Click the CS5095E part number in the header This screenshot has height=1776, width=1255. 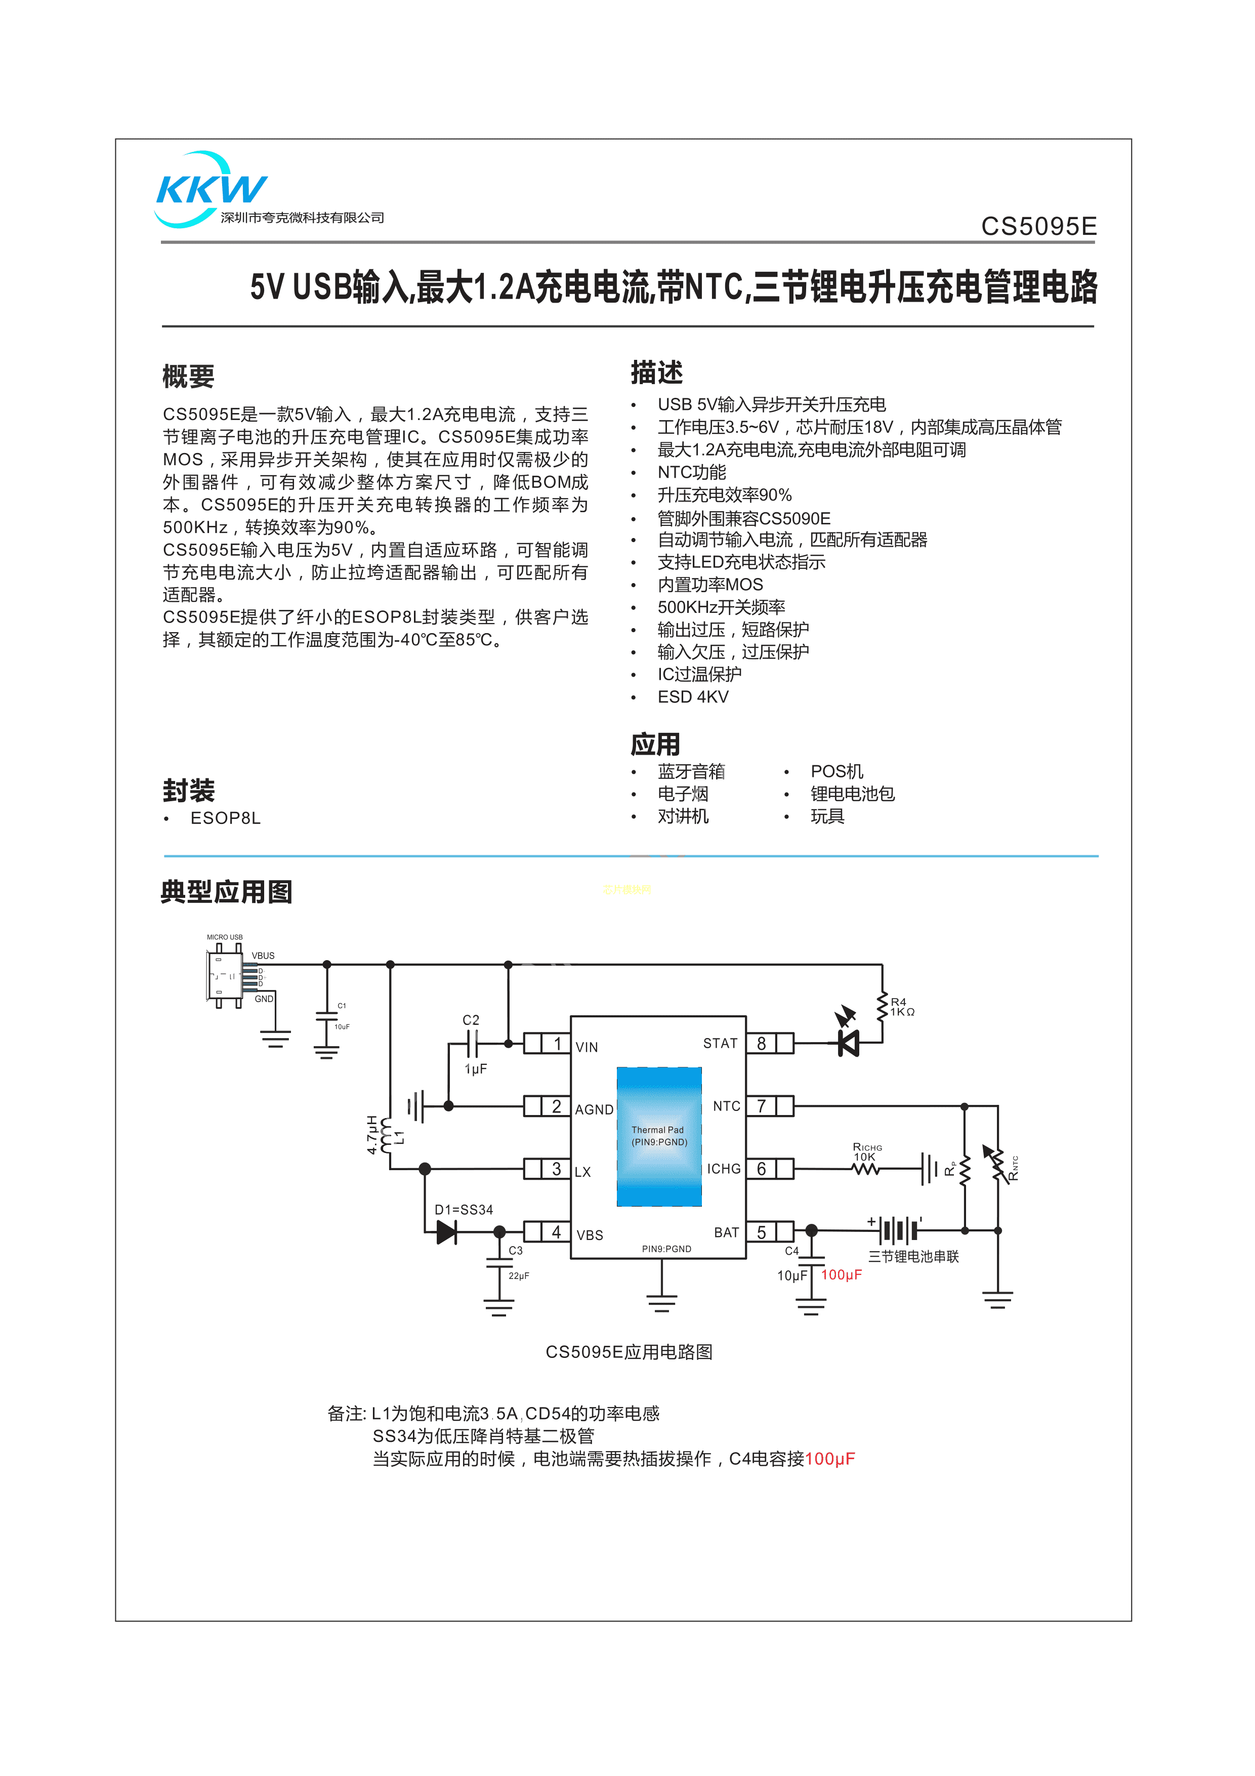click(1038, 227)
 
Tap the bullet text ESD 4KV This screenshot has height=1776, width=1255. click(692, 697)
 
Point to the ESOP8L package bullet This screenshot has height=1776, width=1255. click(225, 818)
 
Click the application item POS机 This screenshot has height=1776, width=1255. click(836, 771)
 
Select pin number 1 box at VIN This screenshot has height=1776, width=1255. click(557, 1044)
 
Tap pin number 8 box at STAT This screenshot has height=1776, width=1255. click(761, 1044)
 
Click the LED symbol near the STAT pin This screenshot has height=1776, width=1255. click(848, 1043)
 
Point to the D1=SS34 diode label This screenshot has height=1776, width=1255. click(463, 1210)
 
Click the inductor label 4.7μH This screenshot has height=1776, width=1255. click(372, 1135)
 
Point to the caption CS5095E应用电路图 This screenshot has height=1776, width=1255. click(629, 1352)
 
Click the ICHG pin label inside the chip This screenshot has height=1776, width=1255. click(723, 1169)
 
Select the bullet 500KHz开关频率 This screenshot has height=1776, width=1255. click(721, 607)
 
